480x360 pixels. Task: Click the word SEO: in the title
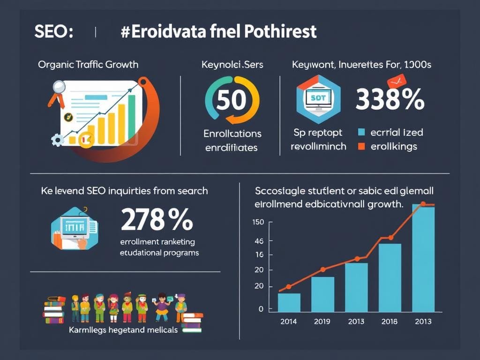(53, 32)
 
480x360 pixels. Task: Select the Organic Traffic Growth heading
(88, 64)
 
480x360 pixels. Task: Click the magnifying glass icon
(59, 88)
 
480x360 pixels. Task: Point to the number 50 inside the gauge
(232, 100)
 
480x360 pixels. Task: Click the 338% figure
(390, 100)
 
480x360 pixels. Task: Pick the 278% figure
(157, 219)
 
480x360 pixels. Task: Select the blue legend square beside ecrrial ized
(361, 133)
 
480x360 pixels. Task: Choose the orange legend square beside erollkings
(361, 147)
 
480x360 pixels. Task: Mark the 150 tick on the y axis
(258, 222)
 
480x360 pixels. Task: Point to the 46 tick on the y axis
(258, 241)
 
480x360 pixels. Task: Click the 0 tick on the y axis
(261, 309)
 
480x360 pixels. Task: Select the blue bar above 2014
(289, 302)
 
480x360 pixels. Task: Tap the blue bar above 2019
(322, 294)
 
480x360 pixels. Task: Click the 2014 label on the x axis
(289, 322)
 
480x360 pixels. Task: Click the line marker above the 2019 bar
(322, 270)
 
